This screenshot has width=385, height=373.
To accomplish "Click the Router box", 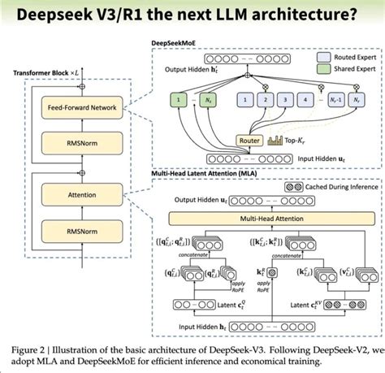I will tap(248, 140).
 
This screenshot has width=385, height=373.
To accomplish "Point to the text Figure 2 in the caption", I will tap(30, 349).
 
